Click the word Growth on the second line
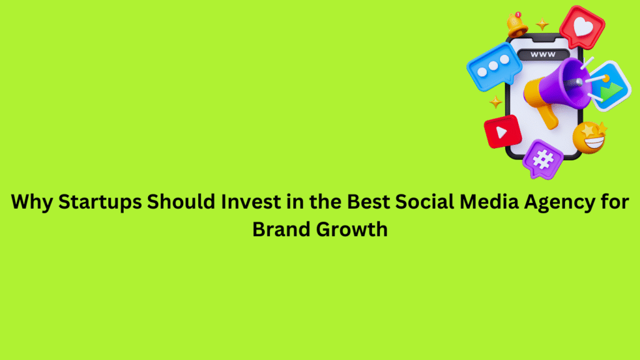click(352, 229)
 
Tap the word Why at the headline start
click(32, 202)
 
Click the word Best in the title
click(368, 202)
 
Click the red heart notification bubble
click(582, 27)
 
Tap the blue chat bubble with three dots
click(494, 66)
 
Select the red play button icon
click(503, 131)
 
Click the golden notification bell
click(517, 24)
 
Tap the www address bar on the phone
click(543, 54)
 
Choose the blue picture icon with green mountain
click(609, 86)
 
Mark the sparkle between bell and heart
click(542, 24)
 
